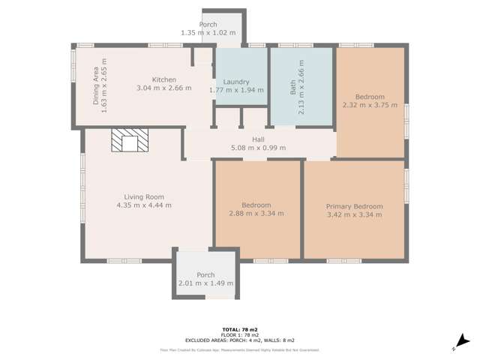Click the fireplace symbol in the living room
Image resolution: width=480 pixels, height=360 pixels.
[130, 141]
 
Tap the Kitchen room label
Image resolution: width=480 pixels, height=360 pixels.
[163, 79]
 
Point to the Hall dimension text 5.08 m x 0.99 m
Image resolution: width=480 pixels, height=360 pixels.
[258, 148]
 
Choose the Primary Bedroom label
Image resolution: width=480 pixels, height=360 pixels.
[354, 206]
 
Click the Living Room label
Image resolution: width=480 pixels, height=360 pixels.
[144, 196]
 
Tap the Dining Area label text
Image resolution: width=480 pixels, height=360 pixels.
[95, 81]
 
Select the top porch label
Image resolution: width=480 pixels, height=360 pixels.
[208, 25]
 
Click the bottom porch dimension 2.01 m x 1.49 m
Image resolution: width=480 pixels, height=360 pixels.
[205, 283]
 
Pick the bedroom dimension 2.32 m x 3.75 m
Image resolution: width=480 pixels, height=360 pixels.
[369, 106]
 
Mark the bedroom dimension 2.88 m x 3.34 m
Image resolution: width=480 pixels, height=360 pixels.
[256, 214]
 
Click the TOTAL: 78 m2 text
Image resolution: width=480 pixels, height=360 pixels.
[241, 329]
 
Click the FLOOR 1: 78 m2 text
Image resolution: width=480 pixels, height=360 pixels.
[241, 334]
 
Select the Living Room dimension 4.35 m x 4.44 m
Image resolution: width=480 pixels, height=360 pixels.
[144, 205]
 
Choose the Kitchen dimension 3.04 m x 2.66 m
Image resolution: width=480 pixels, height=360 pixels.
[163, 88]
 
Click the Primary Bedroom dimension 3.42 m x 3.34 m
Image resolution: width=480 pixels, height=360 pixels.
[354, 214]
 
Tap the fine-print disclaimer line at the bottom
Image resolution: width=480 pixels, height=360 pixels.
[241, 349]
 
